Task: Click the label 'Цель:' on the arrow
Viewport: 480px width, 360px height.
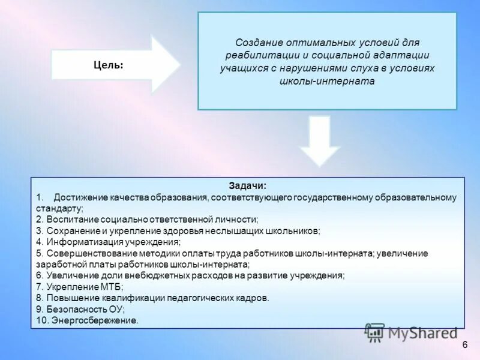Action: [x=109, y=65]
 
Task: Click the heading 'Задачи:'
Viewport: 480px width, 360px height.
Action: [x=247, y=186]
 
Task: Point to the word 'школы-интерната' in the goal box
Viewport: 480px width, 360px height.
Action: [x=327, y=81]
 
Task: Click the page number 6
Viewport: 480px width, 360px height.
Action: [x=465, y=345]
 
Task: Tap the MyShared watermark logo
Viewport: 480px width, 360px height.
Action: [x=412, y=332]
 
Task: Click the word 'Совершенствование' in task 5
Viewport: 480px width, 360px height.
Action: [x=83, y=253]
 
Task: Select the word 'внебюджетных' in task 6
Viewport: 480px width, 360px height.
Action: [x=152, y=275]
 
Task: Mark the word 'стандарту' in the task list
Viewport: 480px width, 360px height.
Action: [x=58, y=208]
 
